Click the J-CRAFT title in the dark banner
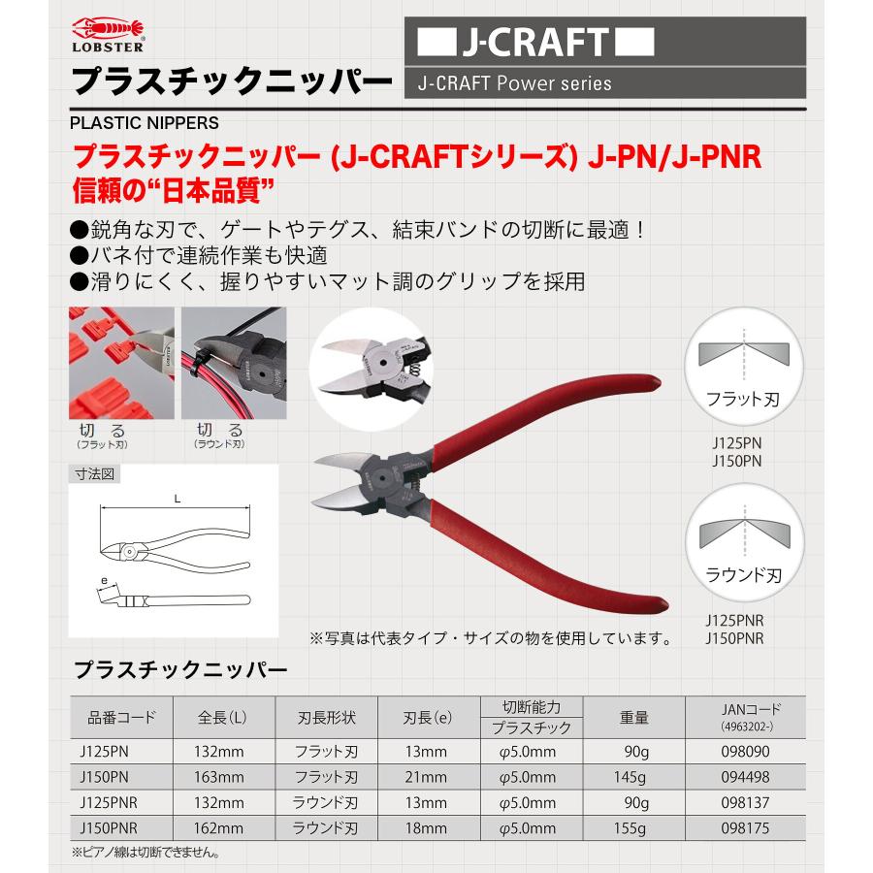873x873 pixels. coord(535,44)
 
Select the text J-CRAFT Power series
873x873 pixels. coord(514,83)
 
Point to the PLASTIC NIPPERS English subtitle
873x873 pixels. coord(145,123)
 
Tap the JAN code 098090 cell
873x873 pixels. coord(745,752)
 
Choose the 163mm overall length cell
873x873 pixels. coord(221,777)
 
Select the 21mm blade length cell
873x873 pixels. coord(425,777)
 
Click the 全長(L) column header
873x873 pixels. coord(221,719)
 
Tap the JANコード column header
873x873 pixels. coord(745,709)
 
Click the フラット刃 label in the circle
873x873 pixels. coord(744,397)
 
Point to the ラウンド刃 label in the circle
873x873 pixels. coord(744,573)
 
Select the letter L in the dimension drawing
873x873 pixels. coord(176,498)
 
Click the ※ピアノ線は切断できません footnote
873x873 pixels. coord(145,854)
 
